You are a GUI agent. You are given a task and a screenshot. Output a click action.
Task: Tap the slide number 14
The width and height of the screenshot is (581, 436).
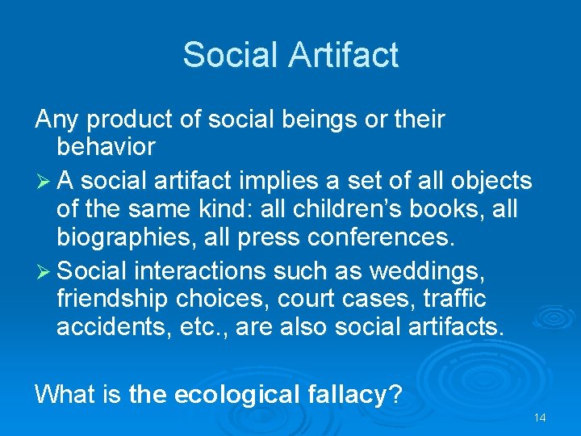click(540, 417)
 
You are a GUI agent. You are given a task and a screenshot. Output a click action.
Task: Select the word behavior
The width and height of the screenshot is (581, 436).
click(106, 148)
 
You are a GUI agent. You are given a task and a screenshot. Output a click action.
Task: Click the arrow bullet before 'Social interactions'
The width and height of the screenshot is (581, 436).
click(44, 269)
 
